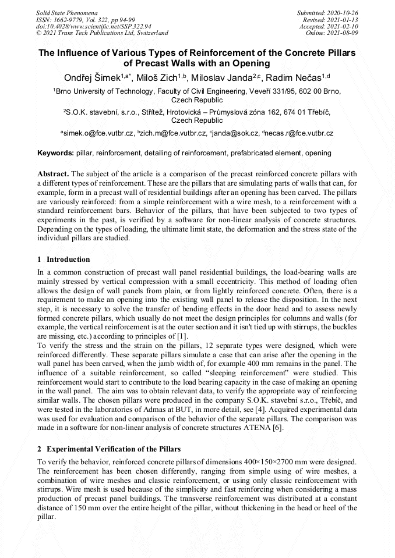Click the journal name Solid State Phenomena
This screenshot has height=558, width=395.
66,12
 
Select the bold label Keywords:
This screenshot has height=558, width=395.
55,153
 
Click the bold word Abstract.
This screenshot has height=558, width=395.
53,174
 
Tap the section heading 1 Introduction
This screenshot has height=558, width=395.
64,260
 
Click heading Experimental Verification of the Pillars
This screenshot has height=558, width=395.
114,449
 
